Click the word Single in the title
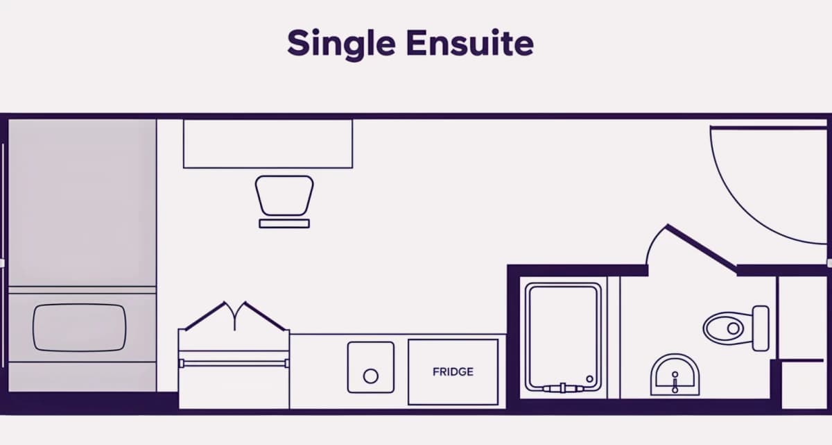tap(341, 44)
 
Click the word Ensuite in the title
tap(470, 43)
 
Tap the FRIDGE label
tap(453, 372)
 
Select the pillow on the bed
tap(80, 328)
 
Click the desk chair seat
tap(284, 196)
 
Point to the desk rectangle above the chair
tap(268, 144)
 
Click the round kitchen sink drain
tap(371, 376)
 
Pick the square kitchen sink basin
tap(371, 367)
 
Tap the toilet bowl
tap(726, 328)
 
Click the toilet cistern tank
tap(761, 328)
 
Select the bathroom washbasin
tap(675, 375)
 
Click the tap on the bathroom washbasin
tap(675, 382)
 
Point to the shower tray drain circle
tap(590, 379)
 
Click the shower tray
tap(563, 337)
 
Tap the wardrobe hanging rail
tap(234, 363)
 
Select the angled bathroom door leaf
tap(702, 249)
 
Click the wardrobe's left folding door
tap(205, 316)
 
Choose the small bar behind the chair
tap(284, 224)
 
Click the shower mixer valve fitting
tap(563, 389)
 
